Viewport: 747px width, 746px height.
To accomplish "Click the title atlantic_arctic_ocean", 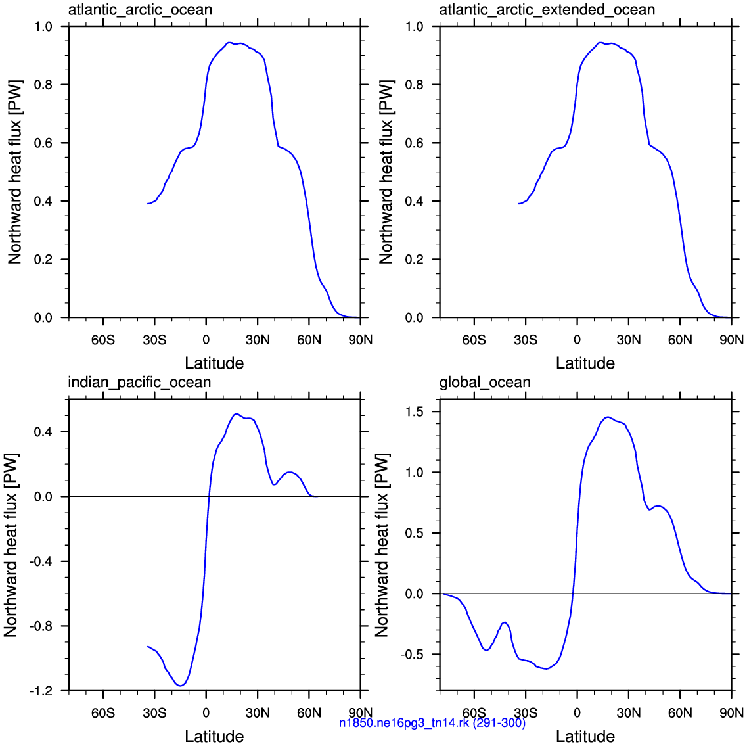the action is pos(140,10).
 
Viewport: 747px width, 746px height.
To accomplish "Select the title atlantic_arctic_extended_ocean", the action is pos(547,10).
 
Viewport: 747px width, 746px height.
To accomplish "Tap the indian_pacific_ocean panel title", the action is pos(139,383).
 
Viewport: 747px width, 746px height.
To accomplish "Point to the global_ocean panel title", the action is pos(485,383).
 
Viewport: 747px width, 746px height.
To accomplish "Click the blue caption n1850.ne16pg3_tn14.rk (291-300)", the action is pos(432,722).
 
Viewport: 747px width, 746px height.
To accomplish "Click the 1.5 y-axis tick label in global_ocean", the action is pos(414,412).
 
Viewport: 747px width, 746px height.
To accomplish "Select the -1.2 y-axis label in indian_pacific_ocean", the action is pos(41,691).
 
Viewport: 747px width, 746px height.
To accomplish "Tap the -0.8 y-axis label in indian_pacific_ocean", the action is pos(41,626).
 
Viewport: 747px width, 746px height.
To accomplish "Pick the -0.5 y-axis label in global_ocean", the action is pos(412,655).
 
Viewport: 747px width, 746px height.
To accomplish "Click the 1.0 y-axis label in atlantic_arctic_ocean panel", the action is pos(43,26).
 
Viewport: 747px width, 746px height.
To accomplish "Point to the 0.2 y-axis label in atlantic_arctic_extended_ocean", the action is pos(415,260).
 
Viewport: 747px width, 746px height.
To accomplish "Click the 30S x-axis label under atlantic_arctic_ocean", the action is pos(154,340).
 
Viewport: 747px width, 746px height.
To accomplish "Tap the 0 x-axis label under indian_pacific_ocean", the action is pos(206,713).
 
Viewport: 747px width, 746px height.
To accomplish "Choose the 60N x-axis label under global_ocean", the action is pos(680,713).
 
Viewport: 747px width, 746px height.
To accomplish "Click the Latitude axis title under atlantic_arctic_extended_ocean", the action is pos(585,363).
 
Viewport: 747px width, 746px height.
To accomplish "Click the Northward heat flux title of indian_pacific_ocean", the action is pos(11,545).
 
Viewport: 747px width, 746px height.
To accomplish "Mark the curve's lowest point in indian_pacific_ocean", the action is pos(181,686).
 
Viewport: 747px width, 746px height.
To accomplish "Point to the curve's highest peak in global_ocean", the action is pos(608,417).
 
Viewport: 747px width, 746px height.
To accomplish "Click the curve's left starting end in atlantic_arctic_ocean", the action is pos(148,204).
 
